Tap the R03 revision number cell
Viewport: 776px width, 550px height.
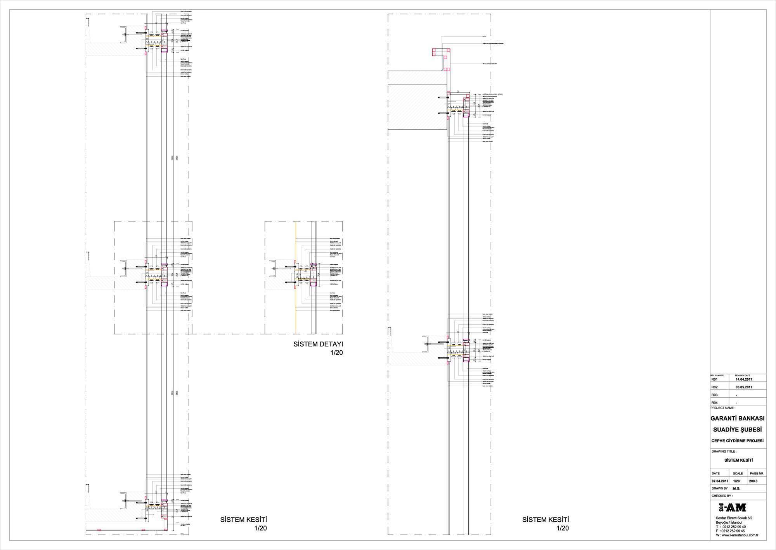(715, 395)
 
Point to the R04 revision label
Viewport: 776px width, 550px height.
(715, 403)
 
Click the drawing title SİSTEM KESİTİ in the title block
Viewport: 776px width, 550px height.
(738, 460)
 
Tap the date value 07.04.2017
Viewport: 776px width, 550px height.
(720, 481)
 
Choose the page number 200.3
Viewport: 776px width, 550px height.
(753, 481)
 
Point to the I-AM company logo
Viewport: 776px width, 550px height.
(732, 507)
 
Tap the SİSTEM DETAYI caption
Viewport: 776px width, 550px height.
(318, 344)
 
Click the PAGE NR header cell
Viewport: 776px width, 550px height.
(757, 473)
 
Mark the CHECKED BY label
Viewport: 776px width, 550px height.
(722, 496)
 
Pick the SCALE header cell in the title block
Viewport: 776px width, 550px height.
(738, 473)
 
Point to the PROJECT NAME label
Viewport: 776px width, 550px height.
(722, 408)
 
